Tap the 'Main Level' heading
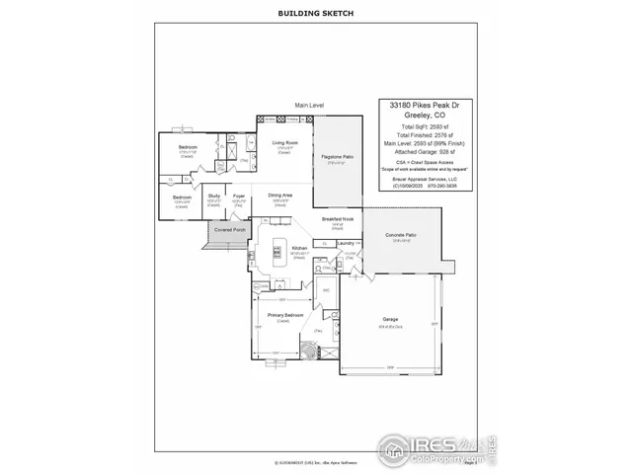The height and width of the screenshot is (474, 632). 309,105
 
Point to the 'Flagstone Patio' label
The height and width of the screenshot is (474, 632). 339,157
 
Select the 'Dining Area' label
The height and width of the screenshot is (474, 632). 280,196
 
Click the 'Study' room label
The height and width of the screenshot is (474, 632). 213,196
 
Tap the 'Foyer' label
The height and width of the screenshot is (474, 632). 239,196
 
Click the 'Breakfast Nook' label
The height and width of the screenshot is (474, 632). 338,218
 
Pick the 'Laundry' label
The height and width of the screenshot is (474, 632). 345,242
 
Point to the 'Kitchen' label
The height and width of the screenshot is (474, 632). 300,248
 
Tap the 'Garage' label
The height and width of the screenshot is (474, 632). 390,320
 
